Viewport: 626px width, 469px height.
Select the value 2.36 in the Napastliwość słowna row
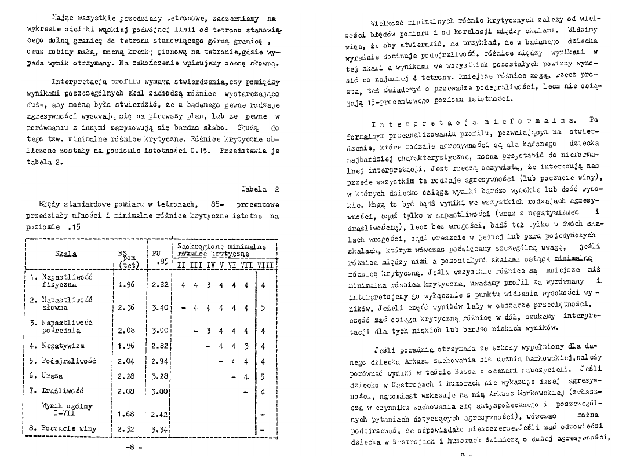126,307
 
